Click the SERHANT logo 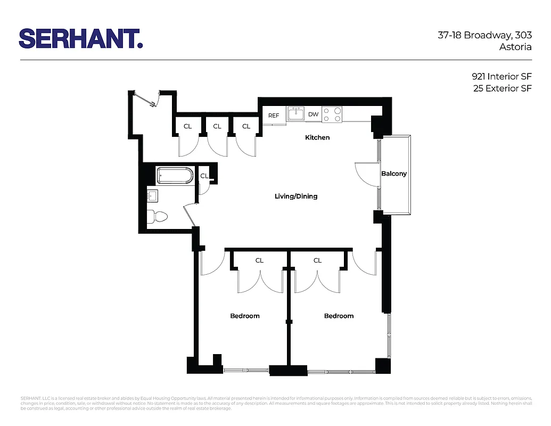(x=81, y=38)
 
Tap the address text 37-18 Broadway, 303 (x=484, y=36)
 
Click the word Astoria (x=515, y=47)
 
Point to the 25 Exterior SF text (x=502, y=88)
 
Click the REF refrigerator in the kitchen (x=274, y=116)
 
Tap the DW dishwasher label (x=313, y=114)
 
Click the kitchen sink (x=296, y=114)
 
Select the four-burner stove (x=332, y=114)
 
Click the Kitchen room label (x=317, y=137)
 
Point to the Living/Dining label (x=296, y=196)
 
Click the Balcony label (x=394, y=174)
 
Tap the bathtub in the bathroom (x=175, y=176)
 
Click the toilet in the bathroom (x=157, y=216)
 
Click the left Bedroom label (x=245, y=316)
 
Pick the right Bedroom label (x=339, y=316)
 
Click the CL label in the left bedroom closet (x=259, y=261)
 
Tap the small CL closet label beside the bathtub (x=204, y=176)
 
